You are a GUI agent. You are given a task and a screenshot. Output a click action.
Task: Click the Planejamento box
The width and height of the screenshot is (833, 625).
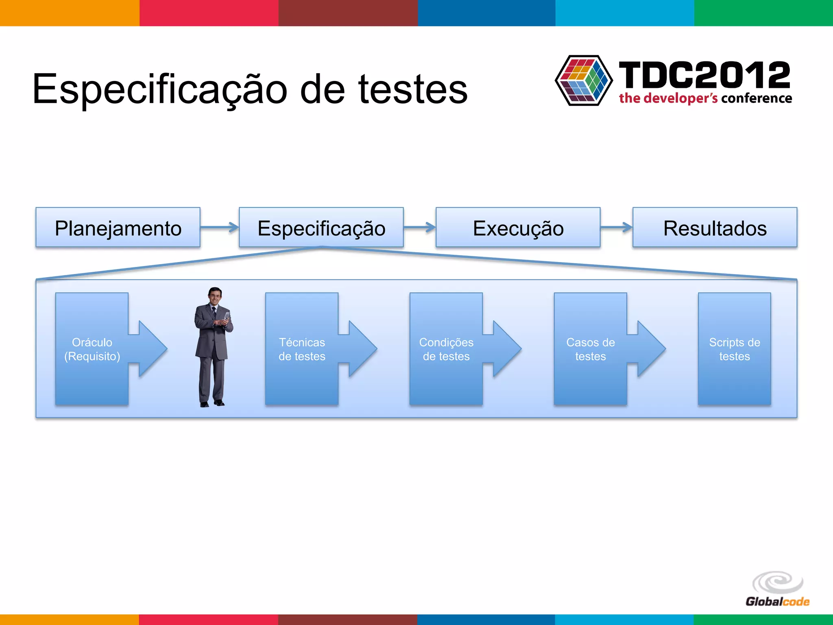[x=118, y=227]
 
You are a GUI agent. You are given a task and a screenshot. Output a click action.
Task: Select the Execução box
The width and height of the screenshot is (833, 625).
[x=518, y=227]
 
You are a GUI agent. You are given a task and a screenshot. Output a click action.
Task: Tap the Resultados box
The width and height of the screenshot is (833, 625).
[x=715, y=227]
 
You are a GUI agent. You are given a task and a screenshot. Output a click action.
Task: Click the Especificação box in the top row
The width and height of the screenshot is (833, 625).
[x=321, y=227]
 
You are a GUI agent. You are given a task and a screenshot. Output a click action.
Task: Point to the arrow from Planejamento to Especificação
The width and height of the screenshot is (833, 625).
[x=219, y=227]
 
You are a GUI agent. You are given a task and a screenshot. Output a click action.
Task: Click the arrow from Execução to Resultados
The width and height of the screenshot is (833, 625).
[x=616, y=227]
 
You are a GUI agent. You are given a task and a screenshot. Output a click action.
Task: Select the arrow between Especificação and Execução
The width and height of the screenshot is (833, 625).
[x=419, y=227]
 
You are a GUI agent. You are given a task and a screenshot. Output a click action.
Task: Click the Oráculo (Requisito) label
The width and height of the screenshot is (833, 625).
[x=92, y=349]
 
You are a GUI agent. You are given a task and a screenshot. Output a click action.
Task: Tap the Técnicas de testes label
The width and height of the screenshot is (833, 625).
[x=302, y=349]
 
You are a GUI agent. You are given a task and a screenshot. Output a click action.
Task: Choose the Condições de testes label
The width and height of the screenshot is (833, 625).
[x=446, y=349]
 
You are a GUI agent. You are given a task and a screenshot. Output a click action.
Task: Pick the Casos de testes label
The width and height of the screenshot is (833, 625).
[x=590, y=349]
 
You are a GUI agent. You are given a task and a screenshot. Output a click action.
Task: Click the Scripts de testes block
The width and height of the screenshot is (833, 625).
[x=734, y=349]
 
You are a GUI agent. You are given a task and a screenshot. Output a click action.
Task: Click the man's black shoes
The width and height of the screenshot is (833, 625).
[x=212, y=403]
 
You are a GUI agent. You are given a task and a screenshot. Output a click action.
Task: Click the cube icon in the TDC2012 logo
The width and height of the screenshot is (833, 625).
[x=584, y=81]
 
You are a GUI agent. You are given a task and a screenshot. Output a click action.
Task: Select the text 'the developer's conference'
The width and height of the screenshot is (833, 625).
[x=705, y=98]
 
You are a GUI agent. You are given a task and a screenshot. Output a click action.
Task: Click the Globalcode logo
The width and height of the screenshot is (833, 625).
[x=777, y=589]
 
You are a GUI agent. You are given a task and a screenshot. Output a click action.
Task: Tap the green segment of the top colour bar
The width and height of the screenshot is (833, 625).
[x=763, y=13]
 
